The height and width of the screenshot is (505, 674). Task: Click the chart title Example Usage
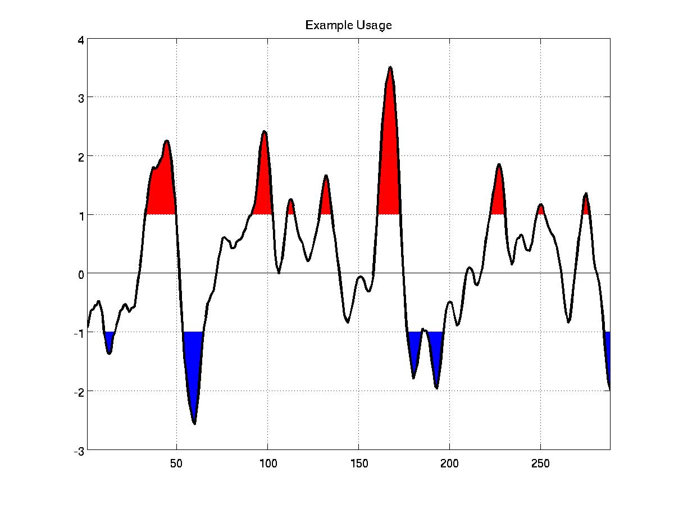click(x=348, y=25)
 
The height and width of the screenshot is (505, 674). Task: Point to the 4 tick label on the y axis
click(x=81, y=40)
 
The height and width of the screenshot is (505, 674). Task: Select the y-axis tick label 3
click(x=81, y=98)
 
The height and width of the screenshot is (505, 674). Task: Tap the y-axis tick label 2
click(x=81, y=158)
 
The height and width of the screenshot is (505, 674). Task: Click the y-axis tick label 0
click(x=81, y=275)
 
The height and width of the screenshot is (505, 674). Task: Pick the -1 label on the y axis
click(x=79, y=334)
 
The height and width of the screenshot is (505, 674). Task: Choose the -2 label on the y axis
click(x=79, y=392)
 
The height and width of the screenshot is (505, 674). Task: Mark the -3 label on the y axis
click(x=79, y=451)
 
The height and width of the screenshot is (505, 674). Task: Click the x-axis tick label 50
click(x=176, y=463)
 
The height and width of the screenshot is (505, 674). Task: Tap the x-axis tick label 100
click(x=268, y=463)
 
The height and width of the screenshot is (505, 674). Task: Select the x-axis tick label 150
click(x=359, y=463)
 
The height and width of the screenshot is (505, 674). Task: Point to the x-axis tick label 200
click(x=449, y=463)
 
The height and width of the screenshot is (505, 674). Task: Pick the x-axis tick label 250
click(x=540, y=463)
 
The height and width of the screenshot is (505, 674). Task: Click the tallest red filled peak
click(x=389, y=172)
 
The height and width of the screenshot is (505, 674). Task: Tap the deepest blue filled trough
click(x=193, y=362)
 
